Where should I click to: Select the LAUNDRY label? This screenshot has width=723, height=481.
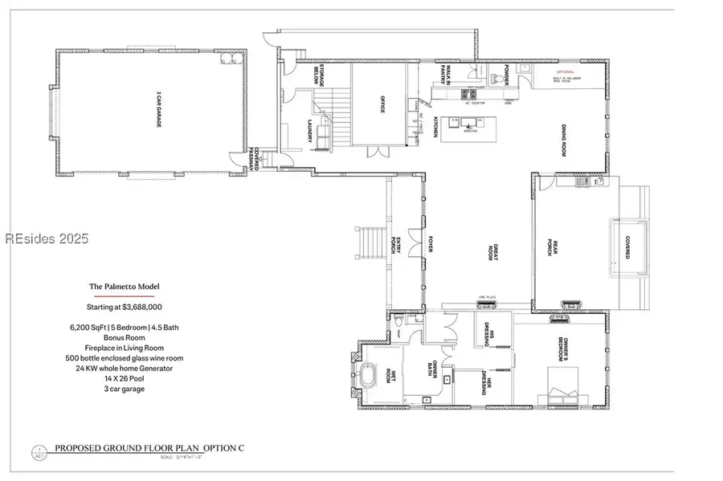310,132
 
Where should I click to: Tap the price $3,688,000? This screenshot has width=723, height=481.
124,307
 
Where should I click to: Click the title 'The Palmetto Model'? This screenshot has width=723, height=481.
124,286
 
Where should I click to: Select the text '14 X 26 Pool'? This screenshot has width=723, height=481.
124,378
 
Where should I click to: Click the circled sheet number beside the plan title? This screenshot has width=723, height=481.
37,450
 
